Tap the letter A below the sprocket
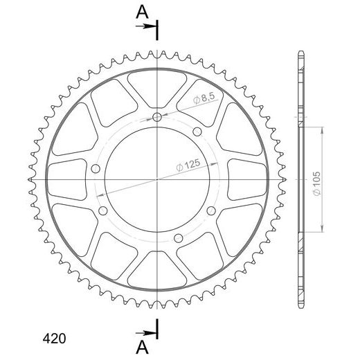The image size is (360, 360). [141, 346]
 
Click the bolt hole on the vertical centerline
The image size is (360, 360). [158, 118]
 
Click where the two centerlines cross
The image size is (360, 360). [158, 179]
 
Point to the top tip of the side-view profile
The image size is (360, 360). [300, 53]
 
